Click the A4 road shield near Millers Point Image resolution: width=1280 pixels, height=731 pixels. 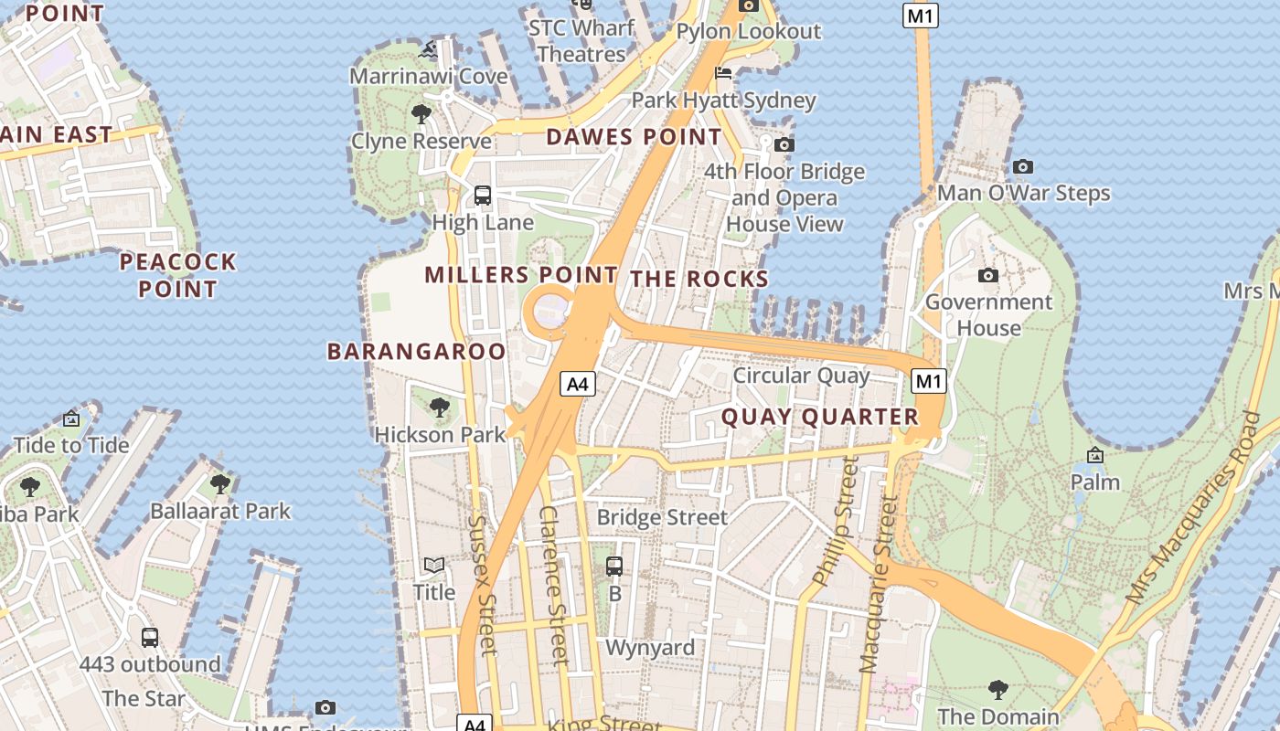pyautogui.click(x=578, y=384)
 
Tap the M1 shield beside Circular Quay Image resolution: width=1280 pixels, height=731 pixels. pyautogui.click(x=929, y=381)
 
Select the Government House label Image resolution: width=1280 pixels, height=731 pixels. pyautogui.click(x=988, y=314)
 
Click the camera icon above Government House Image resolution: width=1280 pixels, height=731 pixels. pyautogui.click(x=988, y=275)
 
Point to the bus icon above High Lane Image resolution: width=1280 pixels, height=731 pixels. pyautogui.click(x=482, y=195)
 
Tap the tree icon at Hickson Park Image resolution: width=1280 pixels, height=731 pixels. pyautogui.click(x=440, y=407)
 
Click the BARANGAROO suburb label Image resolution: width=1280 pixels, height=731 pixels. pyautogui.click(x=416, y=352)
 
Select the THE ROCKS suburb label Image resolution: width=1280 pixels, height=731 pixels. pyautogui.click(x=699, y=280)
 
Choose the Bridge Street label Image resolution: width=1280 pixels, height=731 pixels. pyautogui.click(x=662, y=517)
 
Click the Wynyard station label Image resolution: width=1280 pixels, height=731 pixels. pyautogui.click(x=650, y=648)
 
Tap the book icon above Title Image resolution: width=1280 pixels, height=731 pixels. pyautogui.click(x=434, y=566)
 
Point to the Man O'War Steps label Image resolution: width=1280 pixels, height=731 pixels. pyautogui.click(x=1023, y=193)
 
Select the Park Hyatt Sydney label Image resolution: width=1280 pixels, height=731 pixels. pyautogui.click(x=723, y=100)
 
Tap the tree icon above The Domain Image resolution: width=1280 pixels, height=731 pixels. pyautogui.click(x=997, y=689)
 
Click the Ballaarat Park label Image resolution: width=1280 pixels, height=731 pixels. pyautogui.click(x=219, y=511)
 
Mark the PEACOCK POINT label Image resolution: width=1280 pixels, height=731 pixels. pyautogui.click(x=178, y=275)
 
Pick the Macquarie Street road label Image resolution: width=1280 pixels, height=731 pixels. pyautogui.click(x=876, y=585)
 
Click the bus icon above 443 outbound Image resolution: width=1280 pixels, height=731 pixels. pyautogui.click(x=150, y=637)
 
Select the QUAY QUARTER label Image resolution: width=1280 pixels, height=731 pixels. pyautogui.click(x=819, y=418)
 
